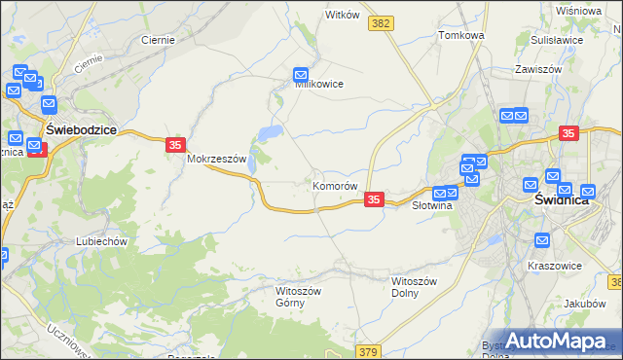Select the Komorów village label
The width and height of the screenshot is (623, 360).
pos(336,185)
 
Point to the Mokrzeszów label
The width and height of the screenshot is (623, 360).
pos(220,158)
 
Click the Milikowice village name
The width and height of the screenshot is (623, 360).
pos(319,84)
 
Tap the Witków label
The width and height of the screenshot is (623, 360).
pos(343,16)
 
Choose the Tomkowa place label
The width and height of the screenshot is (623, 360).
pos(461,35)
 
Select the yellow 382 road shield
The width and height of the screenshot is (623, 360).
pos(382,22)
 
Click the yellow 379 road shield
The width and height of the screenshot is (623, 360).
pos(368,351)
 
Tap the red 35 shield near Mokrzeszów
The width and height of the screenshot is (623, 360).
pos(174,145)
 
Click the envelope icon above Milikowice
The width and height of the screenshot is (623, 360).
pos(302,74)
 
